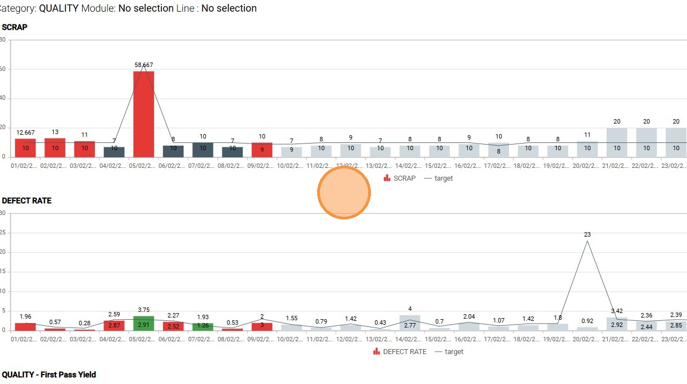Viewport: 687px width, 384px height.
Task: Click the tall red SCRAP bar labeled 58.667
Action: click(144, 114)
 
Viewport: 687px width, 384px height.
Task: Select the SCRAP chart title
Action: click(15, 27)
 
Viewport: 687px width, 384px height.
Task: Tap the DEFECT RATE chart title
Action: click(27, 201)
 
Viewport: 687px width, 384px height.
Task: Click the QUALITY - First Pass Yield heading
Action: click(49, 375)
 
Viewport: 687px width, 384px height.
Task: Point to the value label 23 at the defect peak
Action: click(587, 234)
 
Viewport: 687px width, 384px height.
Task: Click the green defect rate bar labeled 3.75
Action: click(144, 323)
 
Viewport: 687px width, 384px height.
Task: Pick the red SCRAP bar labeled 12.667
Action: click(26, 147)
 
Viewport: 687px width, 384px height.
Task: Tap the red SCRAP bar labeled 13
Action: click(55, 147)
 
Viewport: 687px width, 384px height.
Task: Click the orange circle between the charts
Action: click(344, 193)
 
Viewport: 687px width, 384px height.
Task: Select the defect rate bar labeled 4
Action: click(410, 322)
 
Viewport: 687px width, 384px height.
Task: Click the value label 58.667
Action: click(144, 65)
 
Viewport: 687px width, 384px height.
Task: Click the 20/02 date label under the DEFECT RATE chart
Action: click(587, 339)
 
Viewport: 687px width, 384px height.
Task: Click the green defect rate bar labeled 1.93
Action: click(203, 326)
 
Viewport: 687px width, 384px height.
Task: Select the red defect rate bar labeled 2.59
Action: click(114, 325)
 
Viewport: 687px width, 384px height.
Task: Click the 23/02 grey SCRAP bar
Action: click(676, 142)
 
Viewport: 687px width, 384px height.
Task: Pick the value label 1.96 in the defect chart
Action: click(26, 316)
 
